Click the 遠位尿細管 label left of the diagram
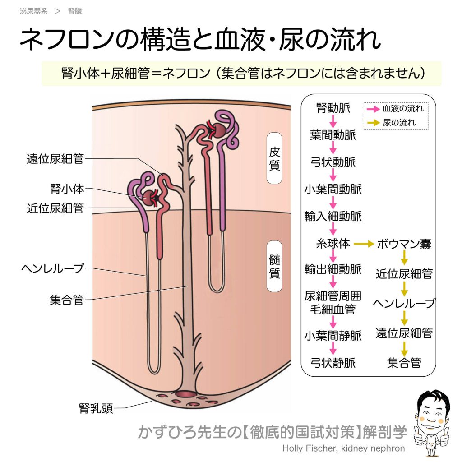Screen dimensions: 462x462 coord(55,159)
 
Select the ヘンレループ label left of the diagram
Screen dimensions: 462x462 coord(53,268)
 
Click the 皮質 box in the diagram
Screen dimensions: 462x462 coord(274,158)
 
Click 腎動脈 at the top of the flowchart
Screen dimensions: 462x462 coord(333,108)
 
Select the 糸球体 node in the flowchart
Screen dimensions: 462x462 coord(333,244)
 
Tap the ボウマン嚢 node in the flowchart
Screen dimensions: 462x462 coord(404,244)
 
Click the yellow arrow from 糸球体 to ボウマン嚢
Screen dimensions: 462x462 coord(365,244)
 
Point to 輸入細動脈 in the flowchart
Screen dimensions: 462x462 coord(333,217)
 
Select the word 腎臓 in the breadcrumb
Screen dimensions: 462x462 coord(75,11)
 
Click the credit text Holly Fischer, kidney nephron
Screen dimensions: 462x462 coord(343,448)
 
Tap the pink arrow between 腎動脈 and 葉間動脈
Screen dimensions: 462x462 coord(333,122)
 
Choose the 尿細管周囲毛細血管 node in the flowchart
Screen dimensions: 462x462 coord(333,303)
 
